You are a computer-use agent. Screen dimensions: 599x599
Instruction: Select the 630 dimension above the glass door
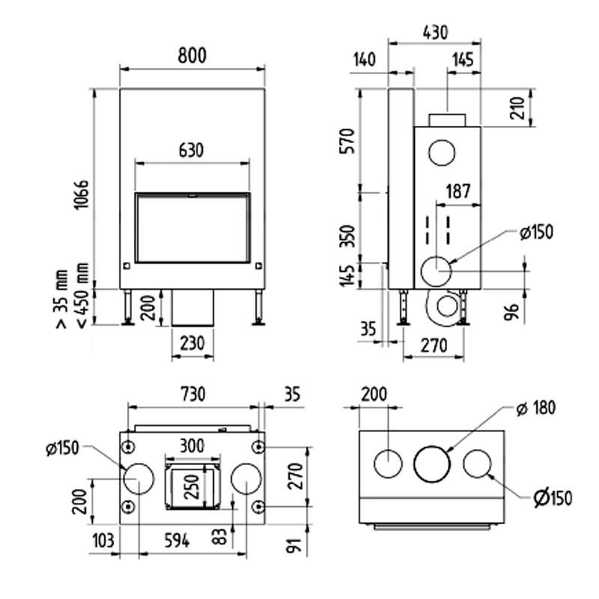[191, 150]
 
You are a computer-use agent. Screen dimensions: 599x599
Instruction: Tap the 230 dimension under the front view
[192, 343]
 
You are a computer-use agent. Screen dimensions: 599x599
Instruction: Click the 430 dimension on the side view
[434, 32]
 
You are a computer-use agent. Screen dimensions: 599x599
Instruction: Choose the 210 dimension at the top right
[548, 107]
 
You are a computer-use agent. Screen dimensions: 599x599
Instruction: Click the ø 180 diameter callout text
[537, 408]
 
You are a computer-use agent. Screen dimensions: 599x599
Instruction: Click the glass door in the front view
[191, 228]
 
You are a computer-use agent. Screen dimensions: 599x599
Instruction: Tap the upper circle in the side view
[441, 153]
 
